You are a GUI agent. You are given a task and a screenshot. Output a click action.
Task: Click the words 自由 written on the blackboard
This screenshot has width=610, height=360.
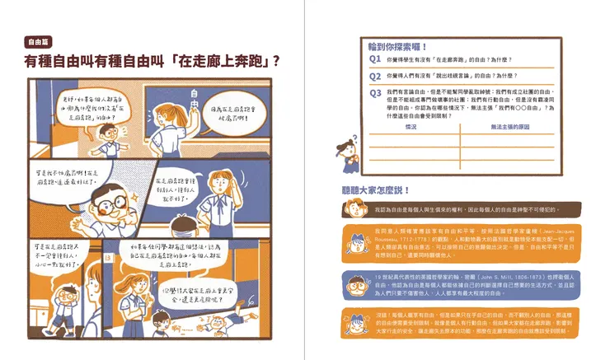(x=195, y=96)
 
